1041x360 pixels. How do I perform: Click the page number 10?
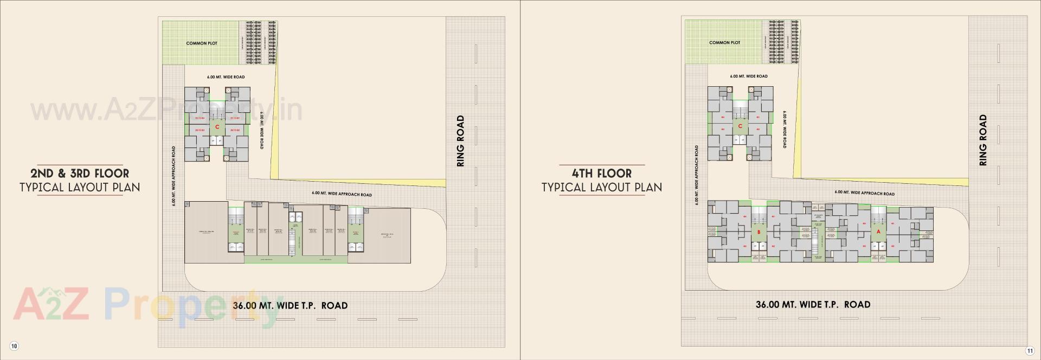(x=14, y=346)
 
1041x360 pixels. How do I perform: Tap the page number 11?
(x=1029, y=350)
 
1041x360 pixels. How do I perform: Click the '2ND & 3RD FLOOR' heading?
(x=80, y=173)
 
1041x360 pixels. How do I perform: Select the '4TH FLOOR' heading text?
(x=602, y=173)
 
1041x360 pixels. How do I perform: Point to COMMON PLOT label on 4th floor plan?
(x=724, y=43)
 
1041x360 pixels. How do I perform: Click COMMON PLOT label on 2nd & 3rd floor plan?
(x=202, y=43)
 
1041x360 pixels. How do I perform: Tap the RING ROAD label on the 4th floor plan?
(x=983, y=140)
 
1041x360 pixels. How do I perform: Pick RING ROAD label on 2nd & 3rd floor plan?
(x=460, y=141)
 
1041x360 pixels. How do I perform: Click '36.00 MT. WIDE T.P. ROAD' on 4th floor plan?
(x=813, y=305)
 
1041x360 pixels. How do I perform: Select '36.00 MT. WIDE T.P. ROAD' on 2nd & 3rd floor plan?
(x=290, y=306)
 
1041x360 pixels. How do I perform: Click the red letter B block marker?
(x=759, y=232)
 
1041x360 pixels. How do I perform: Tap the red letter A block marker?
(x=878, y=232)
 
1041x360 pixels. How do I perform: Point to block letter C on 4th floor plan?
(x=740, y=126)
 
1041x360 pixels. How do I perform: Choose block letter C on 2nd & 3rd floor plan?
(x=217, y=127)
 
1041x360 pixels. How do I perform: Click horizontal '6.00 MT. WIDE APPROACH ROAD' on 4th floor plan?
(x=864, y=193)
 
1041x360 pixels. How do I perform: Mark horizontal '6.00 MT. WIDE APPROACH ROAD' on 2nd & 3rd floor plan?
(x=342, y=194)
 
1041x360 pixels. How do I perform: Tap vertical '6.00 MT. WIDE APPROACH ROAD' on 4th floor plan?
(x=696, y=175)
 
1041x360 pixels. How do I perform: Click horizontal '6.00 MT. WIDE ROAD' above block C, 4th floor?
(x=748, y=76)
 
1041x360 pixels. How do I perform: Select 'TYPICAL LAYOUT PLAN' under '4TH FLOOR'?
(x=602, y=188)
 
